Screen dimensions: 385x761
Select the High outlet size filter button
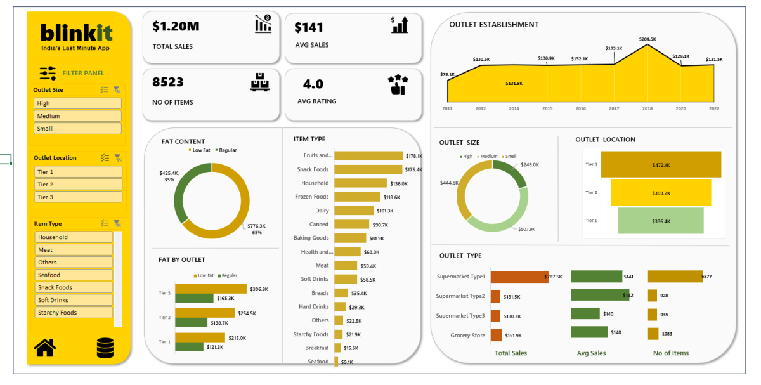pos(77,103)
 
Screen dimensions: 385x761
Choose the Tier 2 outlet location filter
pos(77,185)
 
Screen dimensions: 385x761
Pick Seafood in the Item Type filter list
pos(74,275)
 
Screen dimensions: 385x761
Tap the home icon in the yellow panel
pos(45,348)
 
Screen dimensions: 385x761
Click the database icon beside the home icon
pos(105,348)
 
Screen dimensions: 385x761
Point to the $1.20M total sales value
pos(176,26)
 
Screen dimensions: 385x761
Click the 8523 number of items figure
pos(168,82)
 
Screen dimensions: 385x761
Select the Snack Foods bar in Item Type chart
pos(368,169)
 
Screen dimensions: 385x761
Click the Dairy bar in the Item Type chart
pos(354,211)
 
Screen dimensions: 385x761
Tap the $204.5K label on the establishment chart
pos(647,39)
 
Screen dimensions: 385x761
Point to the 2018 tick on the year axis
pos(647,109)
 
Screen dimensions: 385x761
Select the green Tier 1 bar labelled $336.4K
pos(661,221)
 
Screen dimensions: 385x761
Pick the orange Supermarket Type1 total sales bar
pos(519,277)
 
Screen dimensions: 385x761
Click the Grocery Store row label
pos(467,335)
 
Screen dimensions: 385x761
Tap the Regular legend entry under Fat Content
pos(227,150)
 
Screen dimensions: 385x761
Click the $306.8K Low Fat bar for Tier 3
pos(211,289)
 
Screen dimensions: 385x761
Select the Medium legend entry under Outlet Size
pos(488,156)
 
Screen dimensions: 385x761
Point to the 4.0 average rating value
pos(313,84)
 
